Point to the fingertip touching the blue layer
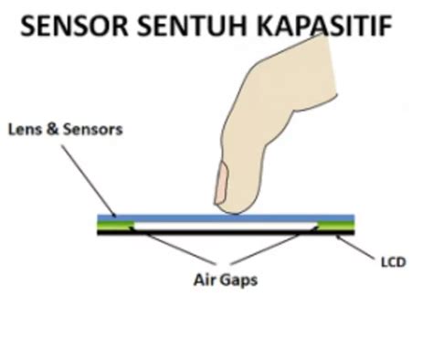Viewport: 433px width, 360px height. pyautogui.click(x=233, y=211)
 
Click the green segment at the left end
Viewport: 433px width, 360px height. pyautogui.click(x=115, y=225)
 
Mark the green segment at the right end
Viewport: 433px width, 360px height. pyautogui.click(x=335, y=225)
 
